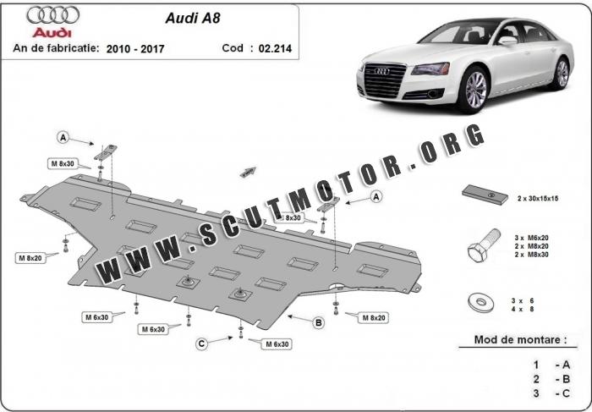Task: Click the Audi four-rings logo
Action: click(52, 15)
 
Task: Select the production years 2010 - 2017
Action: click(135, 49)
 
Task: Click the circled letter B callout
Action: click(319, 321)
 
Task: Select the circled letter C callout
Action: click(201, 343)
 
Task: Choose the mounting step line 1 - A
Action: click(551, 364)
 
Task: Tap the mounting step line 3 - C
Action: click(551, 393)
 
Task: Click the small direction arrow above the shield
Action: click(248, 171)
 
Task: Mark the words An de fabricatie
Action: click(56, 49)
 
